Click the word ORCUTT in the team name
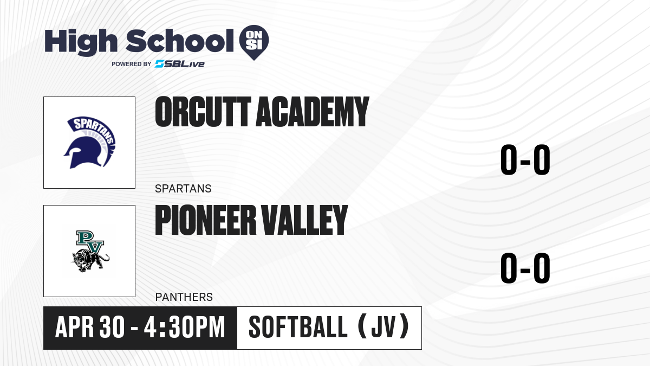tap(203, 112)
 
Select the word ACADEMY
tap(312, 112)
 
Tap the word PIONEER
tap(205, 220)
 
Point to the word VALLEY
tap(304, 220)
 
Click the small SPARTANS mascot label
tap(183, 189)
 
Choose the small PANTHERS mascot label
tap(184, 297)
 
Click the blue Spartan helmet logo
tap(89, 142)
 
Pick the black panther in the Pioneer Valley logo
tap(90, 259)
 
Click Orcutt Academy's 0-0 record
tap(525, 160)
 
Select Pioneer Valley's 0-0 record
tap(525, 268)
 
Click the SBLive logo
tap(180, 63)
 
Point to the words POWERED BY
tap(132, 64)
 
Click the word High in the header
tap(81, 42)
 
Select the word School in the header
tap(180, 41)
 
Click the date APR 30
tap(90, 328)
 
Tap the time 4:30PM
tap(185, 328)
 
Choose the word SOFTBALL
tap(298, 328)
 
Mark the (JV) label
tap(383, 327)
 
